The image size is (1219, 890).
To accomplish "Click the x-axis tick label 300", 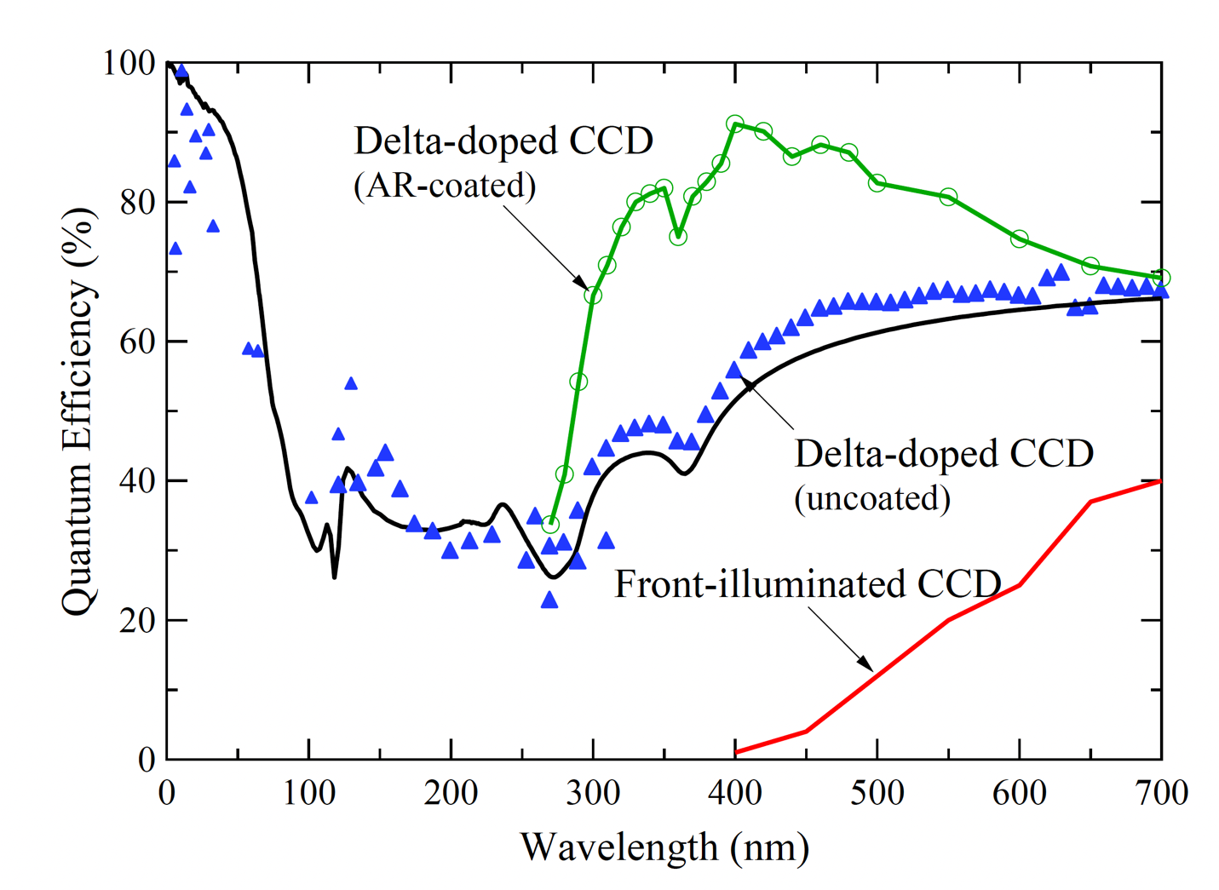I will point(593,793).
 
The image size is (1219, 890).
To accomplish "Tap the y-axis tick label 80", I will point(136,203).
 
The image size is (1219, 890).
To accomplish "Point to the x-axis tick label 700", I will point(1161,793).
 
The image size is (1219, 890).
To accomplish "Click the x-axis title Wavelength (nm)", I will point(664,847).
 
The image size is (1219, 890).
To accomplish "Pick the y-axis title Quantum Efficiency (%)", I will point(78,411).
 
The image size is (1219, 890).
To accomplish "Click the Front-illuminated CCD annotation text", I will point(808,584).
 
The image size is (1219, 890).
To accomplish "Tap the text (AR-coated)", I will point(445,185).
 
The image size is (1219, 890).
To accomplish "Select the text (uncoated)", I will point(872,498).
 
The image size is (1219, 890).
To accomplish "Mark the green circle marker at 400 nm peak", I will point(735,124).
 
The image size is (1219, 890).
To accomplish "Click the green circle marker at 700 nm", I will point(1161,278).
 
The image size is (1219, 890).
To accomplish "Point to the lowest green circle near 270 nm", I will point(550,525).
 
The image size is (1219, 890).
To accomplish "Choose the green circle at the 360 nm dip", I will point(678,237).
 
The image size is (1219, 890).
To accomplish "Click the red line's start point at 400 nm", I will point(735,752).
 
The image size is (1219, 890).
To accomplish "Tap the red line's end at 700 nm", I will point(1161,481).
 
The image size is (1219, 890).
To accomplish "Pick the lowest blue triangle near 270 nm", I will point(549,601).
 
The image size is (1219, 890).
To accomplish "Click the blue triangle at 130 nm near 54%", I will point(351,384).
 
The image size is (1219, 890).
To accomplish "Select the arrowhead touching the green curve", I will point(581,283).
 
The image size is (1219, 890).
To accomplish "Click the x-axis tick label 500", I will point(877,793).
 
